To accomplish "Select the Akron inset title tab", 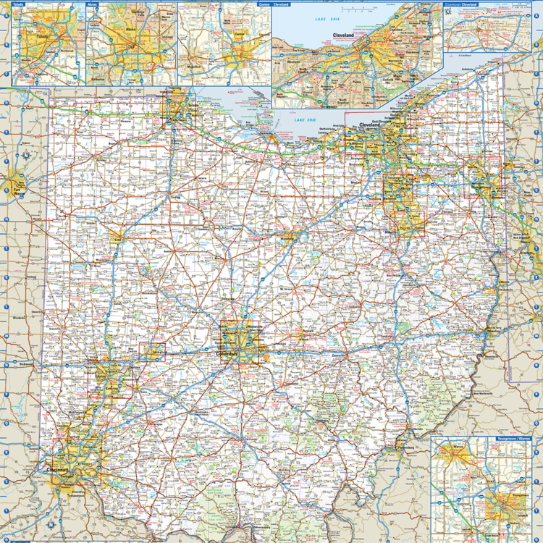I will click(x=93, y=4).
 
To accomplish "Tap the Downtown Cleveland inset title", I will click(x=463, y=4).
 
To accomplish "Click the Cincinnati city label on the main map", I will click(x=58, y=471).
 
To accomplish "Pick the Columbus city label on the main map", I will click(x=227, y=354).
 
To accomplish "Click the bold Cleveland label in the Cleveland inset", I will click(x=343, y=35).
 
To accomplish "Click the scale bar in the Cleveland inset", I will click(x=355, y=9).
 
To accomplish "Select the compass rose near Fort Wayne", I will click(x=25, y=154).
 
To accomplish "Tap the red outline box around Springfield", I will click(x=152, y=352).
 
